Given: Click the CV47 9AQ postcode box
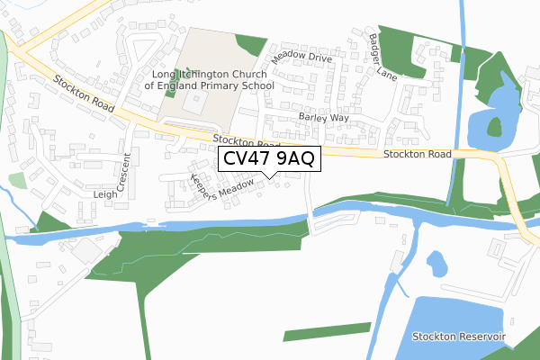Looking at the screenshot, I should click(267, 159).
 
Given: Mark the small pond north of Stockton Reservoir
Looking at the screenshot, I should click(436, 264).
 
